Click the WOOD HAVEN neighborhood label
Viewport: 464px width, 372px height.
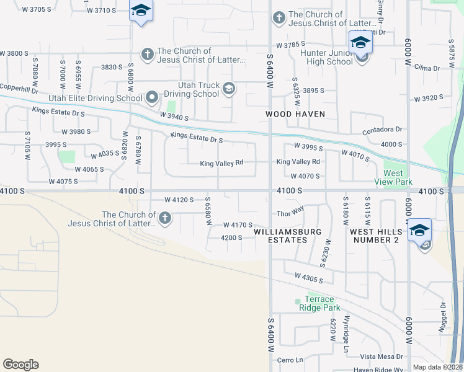pos(291,114)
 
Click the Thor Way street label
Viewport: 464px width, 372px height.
pos(290,211)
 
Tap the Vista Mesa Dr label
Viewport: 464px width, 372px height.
pos(381,356)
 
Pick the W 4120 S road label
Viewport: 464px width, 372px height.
pos(180,200)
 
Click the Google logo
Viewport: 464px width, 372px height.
pos(20,365)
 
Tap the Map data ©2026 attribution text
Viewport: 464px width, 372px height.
pos(437,367)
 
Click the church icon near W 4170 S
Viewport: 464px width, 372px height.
pos(164,218)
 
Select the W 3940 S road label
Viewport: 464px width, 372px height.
pos(174,116)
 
